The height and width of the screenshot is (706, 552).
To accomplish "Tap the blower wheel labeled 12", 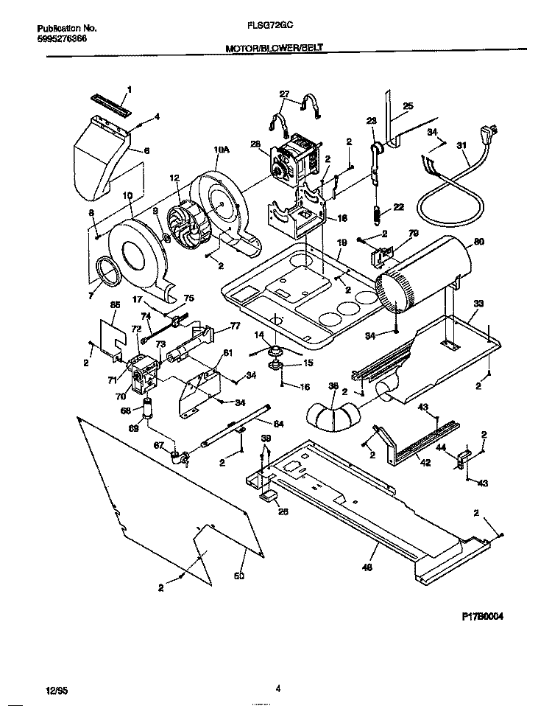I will [186, 223].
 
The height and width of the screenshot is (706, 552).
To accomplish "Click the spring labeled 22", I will [375, 214].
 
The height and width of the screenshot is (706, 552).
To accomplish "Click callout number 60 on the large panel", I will [238, 575].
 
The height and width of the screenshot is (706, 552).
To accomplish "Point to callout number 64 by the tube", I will [278, 423].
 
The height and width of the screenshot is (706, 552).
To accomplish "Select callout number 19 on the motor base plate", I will [342, 241].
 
